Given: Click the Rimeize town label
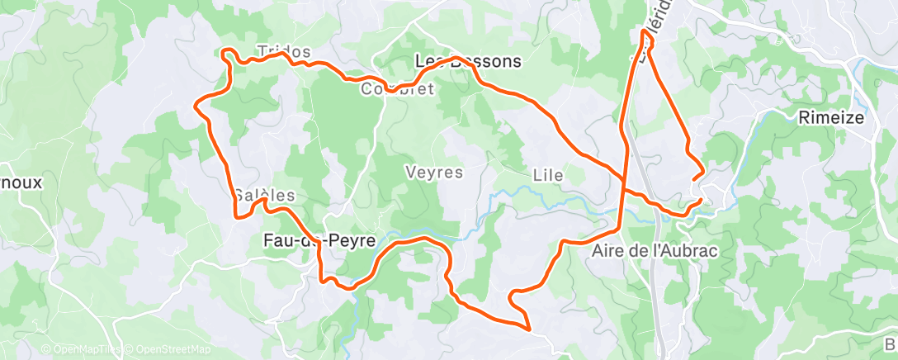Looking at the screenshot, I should click(831, 118).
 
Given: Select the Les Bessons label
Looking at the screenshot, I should click(468, 61).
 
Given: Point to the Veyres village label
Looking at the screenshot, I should click(434, 173).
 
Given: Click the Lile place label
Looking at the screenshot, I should click(548, 175).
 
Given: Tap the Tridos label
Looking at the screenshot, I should click(284, 51).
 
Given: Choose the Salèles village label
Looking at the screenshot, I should click(263, 196).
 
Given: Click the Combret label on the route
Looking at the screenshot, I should click(397, 88).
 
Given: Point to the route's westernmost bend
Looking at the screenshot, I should click(195, 105).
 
